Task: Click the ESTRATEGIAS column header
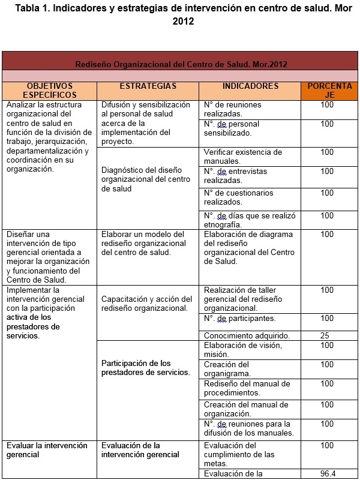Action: (x=148, y=86)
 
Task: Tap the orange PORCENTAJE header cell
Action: (x=329, y=91)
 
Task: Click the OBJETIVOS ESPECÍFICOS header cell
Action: (x=50, y=91)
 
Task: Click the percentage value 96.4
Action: (x=327, y=473)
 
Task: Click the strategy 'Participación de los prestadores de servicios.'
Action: (x=145, y=368)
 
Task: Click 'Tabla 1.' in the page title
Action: (x=34, y=8)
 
